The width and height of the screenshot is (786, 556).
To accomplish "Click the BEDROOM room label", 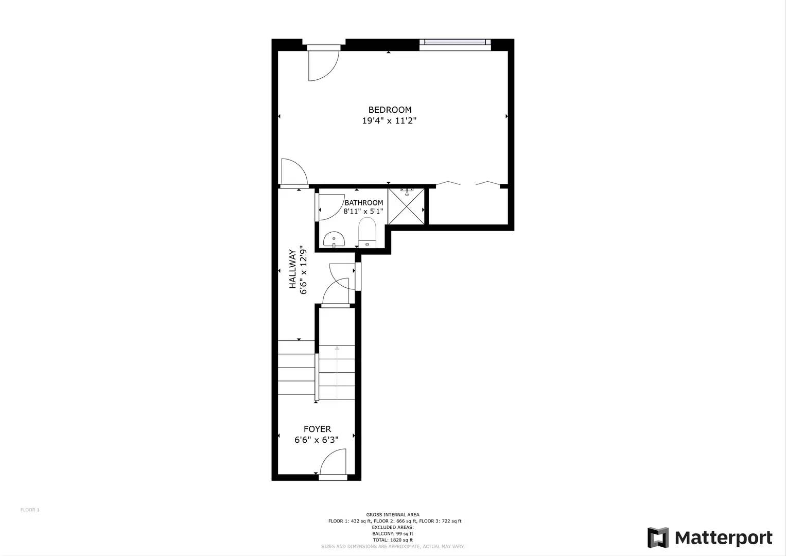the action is [390, 110].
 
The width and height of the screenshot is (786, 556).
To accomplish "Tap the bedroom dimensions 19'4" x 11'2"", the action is [389, 121].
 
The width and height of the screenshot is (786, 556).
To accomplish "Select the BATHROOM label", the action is [363, 203].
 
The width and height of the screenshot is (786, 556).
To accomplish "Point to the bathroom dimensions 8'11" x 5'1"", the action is [363, 211].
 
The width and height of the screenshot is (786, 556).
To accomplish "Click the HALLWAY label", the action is [292, 269].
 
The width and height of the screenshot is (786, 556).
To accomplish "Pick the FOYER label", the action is [317, 429].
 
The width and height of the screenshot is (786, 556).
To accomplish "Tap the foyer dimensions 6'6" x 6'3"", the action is [316, 440].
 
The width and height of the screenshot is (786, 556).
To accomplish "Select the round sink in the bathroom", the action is [334, 239].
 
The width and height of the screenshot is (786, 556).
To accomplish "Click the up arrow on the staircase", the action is [337, 349].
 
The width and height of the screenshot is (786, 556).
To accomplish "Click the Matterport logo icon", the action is [658, 538].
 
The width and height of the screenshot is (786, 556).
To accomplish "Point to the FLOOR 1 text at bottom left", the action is [30, 510].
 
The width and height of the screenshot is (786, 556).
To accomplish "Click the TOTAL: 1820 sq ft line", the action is [393, 540].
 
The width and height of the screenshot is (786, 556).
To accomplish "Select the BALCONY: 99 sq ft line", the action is [393, 534].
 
